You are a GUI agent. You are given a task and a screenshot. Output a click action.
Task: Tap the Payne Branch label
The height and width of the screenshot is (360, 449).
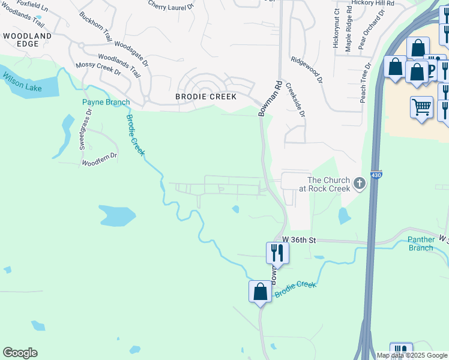tap(106, 102)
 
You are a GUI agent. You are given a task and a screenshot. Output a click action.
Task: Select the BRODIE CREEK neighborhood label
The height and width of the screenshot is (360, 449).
tap(206, 97)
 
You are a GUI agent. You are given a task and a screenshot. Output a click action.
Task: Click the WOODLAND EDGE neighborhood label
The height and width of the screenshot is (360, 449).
tap(28, 40)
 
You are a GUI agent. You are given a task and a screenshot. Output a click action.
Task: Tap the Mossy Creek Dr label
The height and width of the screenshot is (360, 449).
tap(98, 68)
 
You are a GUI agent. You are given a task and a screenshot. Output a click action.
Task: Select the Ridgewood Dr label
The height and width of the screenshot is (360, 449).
tap(306, 70)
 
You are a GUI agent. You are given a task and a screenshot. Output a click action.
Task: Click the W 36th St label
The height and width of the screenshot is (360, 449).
tap(299, 239)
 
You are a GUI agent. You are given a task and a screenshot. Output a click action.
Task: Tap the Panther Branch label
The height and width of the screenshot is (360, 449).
tap(421, 244)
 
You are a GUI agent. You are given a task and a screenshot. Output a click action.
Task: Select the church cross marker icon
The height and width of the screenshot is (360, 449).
tap(360, 184)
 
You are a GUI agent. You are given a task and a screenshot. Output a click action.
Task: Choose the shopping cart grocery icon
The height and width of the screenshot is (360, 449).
tap(422, 107)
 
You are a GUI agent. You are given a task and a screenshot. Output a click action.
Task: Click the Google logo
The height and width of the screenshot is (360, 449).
tap(20, 353)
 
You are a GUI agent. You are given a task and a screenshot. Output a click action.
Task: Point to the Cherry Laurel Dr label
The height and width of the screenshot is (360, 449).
tap(171, 7)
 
